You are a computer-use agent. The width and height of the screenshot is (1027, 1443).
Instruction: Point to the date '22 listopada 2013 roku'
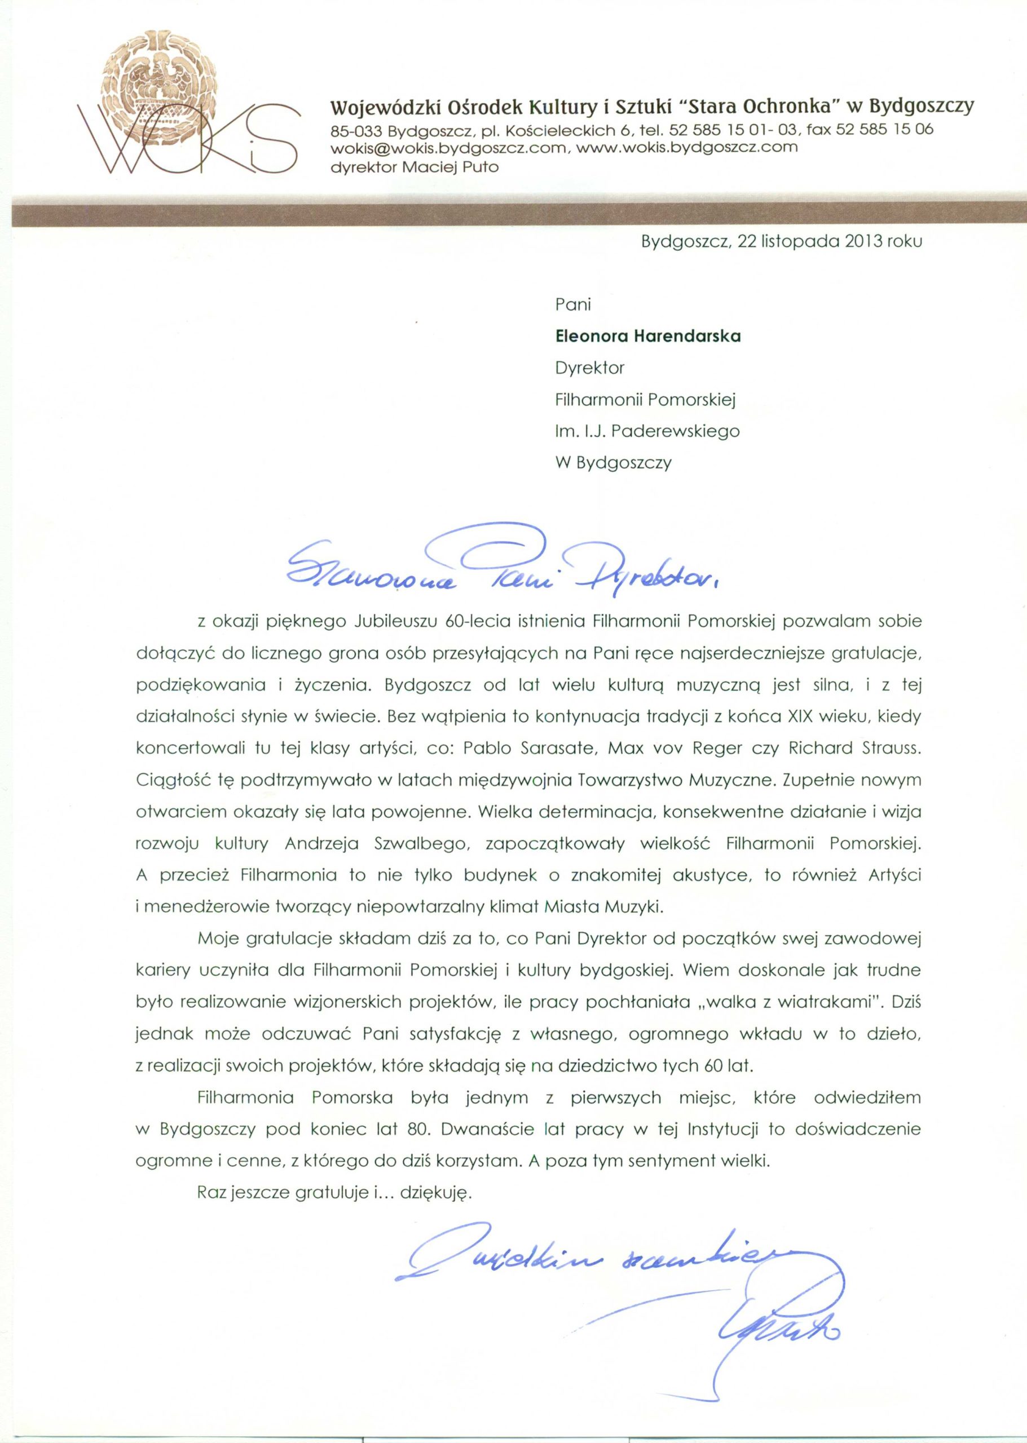830,241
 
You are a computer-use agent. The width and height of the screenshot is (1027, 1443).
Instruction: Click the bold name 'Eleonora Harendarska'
647,337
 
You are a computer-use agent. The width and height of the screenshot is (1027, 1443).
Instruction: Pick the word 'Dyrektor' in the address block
589,368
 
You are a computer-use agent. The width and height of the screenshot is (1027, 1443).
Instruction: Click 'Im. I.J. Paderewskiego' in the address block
647,431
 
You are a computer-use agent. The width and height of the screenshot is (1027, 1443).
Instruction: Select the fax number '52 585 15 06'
884,129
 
